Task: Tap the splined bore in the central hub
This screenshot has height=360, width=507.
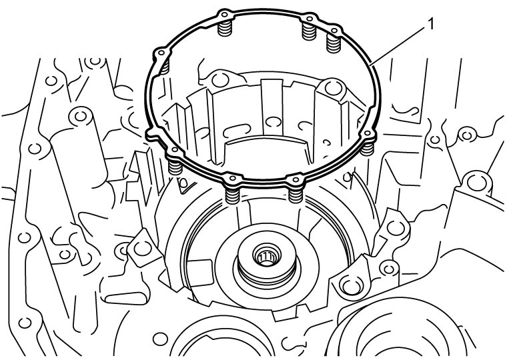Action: click(x=266, y=257)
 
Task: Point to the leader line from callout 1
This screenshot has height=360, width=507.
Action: click(x=398, y=46)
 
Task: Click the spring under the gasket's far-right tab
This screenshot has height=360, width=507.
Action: click(x=367, y=148)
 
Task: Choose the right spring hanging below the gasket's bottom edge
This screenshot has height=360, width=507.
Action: click(x=296, y=195)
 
